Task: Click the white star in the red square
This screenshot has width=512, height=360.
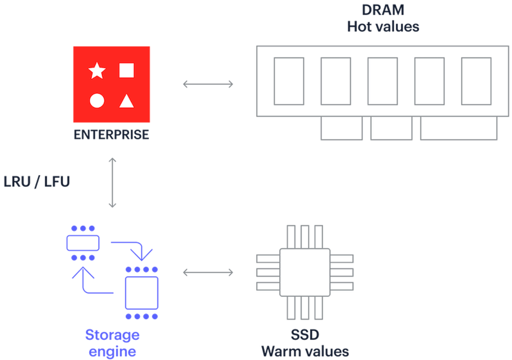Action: coord(97,71)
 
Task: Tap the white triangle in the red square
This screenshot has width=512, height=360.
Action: coord(126,101)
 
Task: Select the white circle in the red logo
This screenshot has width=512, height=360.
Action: coord(97,101)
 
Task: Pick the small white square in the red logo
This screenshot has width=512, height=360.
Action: coord(126,70)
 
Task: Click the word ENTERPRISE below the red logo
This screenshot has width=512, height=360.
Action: coord(111,135)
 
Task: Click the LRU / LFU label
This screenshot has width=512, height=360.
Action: coord(37,182)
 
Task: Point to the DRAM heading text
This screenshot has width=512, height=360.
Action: coord(383,10)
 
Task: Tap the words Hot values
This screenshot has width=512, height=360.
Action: coord(383,26)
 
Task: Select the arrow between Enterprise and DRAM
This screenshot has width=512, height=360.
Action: coord(208,84)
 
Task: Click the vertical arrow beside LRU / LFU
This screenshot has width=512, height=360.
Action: coord(112,182)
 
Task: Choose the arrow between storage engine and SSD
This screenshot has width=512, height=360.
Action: coord(208,272)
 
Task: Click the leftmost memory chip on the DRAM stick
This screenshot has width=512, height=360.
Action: coord(289,81)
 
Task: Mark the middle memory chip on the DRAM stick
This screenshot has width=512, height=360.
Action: coord(383,81)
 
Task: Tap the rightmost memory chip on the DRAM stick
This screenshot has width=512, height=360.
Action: coord(476,81)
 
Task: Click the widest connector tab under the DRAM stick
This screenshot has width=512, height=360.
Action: coord(458,129)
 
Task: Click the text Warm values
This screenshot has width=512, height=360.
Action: coord(305,351)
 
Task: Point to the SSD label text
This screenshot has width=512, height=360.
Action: coord(305,335)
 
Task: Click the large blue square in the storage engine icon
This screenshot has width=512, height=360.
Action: coord(142,293)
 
